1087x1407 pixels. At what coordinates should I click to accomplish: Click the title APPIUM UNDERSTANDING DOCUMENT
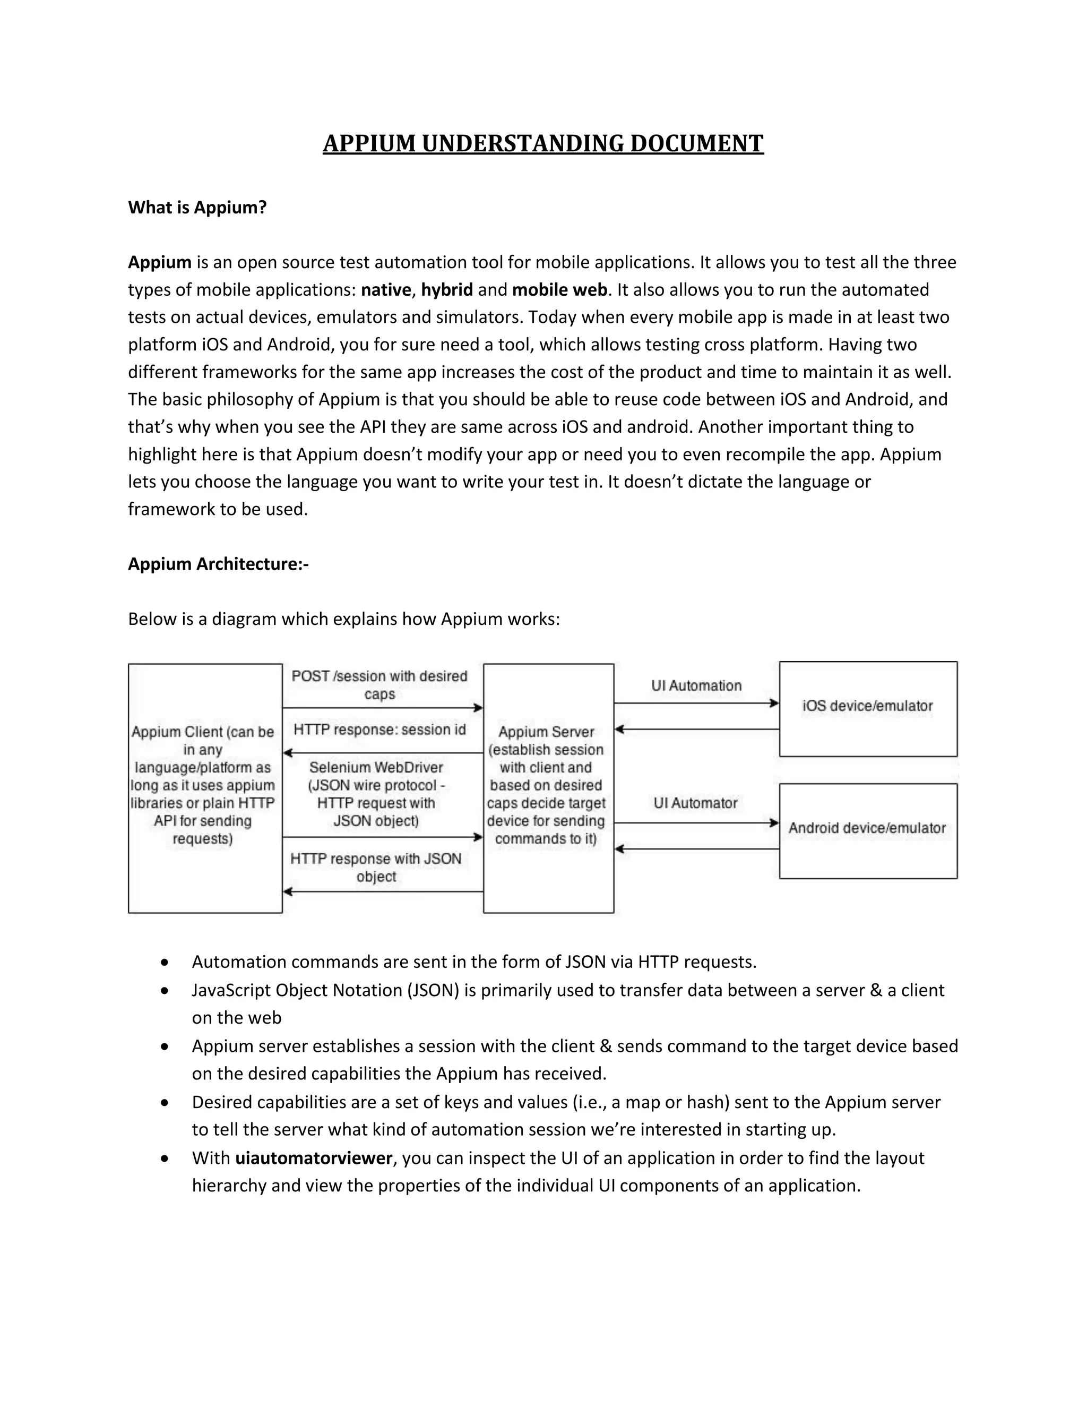543,143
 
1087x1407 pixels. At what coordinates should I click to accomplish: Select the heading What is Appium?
197,208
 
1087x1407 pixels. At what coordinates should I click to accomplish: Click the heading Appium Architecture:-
218,564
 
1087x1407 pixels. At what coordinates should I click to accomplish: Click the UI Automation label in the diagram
696,685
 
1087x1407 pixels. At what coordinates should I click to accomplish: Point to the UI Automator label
695,803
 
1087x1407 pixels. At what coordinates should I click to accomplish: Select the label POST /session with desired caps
379,685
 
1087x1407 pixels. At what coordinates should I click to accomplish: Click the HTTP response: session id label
379,730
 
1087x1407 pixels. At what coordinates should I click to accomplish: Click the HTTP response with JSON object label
376,867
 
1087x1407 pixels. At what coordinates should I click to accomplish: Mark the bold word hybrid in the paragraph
447,290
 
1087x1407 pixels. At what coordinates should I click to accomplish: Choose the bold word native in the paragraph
386,290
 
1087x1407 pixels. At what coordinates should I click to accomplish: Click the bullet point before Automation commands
166,962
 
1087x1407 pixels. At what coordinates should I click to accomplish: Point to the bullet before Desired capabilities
166,1102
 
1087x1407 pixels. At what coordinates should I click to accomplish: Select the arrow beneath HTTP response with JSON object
383,891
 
